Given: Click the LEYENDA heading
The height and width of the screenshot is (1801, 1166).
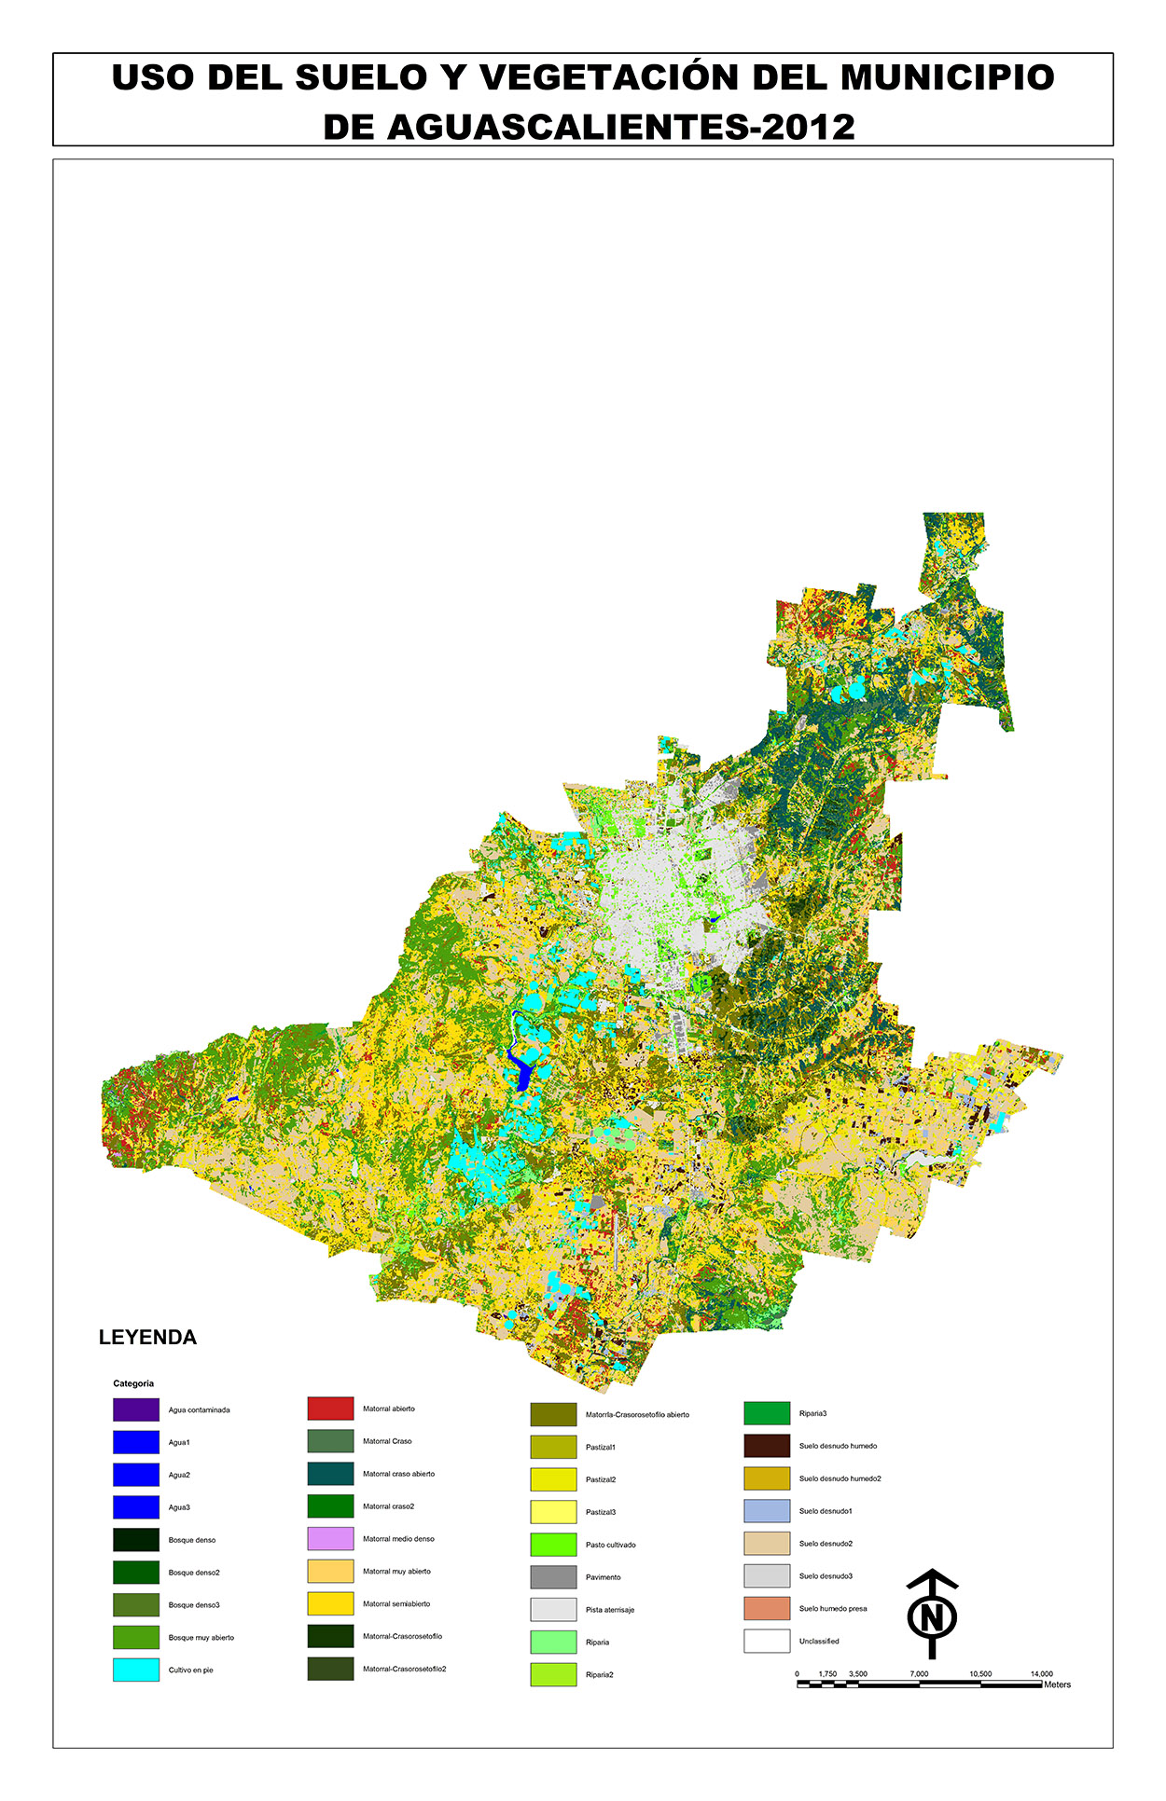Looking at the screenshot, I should point(147,1338).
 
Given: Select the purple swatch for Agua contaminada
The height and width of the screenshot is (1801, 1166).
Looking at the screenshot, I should point(136,1409).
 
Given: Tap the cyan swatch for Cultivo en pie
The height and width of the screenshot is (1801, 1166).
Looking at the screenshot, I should point(136,1670).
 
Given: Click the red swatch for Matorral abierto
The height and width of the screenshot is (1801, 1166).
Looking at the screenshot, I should point(330,1409).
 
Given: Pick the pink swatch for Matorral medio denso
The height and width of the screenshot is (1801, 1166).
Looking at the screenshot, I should point(330,1538).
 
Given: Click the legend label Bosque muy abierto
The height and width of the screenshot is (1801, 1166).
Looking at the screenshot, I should point(201,1638).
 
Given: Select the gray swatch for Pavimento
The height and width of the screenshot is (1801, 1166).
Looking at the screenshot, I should point(553,1577).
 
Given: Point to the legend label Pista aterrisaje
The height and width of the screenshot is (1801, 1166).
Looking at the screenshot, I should point(609,1610).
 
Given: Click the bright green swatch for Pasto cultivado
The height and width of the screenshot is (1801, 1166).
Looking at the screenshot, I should point(553,1545).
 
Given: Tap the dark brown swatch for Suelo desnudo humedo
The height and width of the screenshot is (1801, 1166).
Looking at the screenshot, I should point(767,1446).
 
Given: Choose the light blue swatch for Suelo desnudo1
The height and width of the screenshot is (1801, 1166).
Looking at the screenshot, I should point(767,1511).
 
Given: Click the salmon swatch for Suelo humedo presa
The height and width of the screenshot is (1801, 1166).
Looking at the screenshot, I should point(767,1608).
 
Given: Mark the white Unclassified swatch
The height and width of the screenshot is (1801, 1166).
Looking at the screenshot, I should point(767,1641).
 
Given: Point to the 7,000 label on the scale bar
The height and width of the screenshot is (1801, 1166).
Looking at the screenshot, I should point(919,1674).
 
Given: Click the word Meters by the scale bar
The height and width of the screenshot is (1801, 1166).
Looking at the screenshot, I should point(1057,1684).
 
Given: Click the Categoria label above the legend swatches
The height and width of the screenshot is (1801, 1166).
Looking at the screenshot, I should point(133,1383).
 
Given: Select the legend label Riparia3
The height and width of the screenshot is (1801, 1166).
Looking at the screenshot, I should point(812,1414).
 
